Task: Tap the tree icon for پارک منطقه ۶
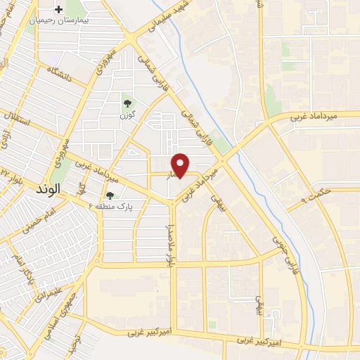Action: (x=109, y=195)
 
